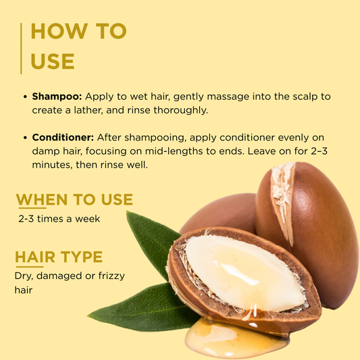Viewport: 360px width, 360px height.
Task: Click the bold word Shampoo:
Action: pos(57,97)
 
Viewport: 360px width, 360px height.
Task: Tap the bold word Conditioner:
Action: pos(63,138)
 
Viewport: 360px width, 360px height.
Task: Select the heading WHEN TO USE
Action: pos(74,199)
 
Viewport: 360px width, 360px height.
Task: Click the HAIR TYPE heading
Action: pos(59,257)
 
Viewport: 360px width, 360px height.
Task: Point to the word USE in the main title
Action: pos(53,61)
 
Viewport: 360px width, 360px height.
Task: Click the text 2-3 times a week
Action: pos(59,219)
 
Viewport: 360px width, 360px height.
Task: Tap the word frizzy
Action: pos(111,276)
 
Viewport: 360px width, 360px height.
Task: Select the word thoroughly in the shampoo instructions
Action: pos(181,111)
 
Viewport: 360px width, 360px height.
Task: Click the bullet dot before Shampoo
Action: pos(25,97)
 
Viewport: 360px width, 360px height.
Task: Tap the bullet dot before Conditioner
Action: pos(25,138)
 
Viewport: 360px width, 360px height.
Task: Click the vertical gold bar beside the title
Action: pos(21,49)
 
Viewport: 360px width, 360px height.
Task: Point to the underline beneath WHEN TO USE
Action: pos(32,208)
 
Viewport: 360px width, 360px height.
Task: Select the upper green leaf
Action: pos(151,243)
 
